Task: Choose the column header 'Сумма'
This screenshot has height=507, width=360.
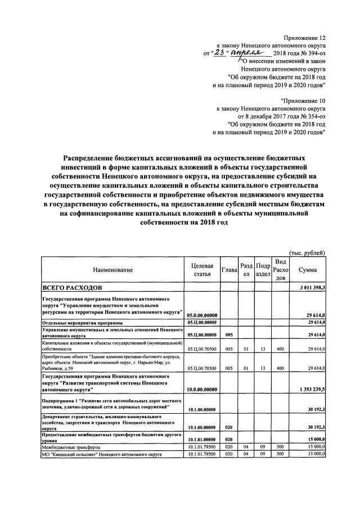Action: (x=308, y=270)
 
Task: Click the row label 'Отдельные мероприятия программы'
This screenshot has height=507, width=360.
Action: (x=83, y=323)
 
